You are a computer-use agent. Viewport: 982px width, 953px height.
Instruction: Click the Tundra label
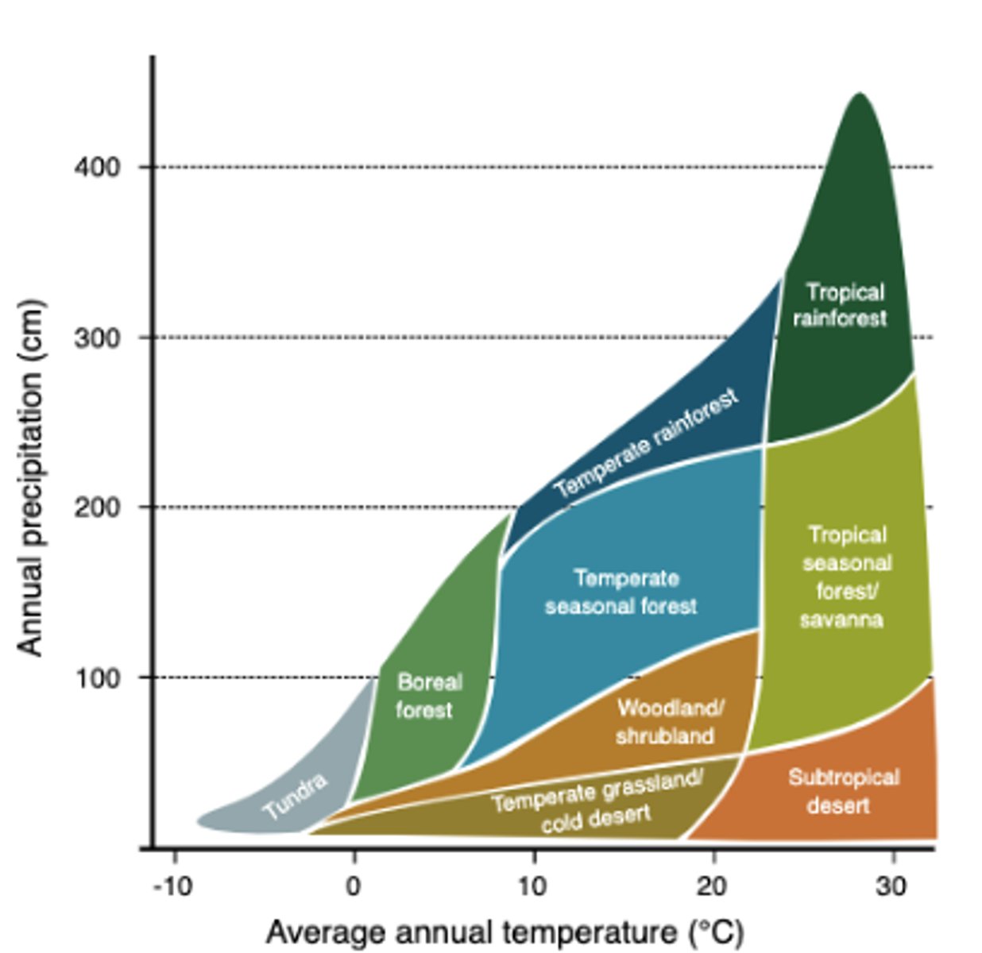(x=296, y=796)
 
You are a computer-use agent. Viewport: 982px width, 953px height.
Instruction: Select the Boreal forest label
(x=427, y=696)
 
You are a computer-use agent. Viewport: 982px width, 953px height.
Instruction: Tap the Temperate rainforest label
(x=646, y=444)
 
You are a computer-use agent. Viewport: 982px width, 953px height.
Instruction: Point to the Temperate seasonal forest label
(x=622, y=592)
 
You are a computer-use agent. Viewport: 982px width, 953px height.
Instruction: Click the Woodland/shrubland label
(x=667, y=721)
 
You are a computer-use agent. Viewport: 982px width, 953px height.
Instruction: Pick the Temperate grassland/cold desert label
(x=597, y=801)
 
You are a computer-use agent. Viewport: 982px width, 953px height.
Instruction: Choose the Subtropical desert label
(x=842, y=791)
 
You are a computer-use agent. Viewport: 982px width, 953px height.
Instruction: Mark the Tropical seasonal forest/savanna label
(x=845, y=577)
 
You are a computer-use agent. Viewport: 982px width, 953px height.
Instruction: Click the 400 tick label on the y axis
(x=97, y=168)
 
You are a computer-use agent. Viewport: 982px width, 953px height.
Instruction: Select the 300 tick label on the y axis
(x=97, y=338)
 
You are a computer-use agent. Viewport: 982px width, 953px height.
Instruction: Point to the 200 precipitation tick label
(x=97, y=507)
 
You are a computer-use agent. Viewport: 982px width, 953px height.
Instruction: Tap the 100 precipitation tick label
(x=97, y=677)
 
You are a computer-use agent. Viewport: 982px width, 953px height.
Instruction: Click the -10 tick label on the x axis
(x=172, y=885)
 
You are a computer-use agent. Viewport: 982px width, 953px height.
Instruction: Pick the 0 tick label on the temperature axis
(x=354, y=885)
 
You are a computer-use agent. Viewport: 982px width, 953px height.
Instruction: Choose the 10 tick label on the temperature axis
(x=532, y=885)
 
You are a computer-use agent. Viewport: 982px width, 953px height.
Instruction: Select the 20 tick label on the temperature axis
(x=712, y=885)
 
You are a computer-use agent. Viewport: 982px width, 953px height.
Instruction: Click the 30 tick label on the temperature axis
(x=891, y=885)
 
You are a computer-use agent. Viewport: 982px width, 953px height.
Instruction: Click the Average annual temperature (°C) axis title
(x=505, y=932)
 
